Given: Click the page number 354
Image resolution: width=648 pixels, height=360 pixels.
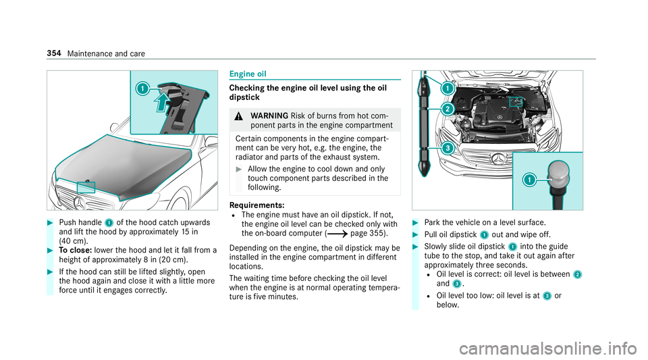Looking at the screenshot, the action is tap(54, 53).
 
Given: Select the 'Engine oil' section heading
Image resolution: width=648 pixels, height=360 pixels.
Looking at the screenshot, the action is tap(248, 74).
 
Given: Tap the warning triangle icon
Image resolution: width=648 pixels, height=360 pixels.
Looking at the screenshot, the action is tap(238, 116).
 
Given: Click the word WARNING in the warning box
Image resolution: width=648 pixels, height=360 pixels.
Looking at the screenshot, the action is tap(269, 115).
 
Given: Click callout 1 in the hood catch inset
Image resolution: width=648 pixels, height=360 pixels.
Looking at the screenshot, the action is tap(142, 88).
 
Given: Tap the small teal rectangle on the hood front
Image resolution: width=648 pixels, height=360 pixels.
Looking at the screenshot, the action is tap(86, 187).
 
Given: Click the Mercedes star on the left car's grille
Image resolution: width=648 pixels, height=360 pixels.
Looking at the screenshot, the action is tap(80, 203).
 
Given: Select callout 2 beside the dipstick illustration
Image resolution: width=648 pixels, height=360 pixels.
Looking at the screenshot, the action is tap(448, 109).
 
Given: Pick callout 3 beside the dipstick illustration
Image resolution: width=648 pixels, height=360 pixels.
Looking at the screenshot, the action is tap(448, 148).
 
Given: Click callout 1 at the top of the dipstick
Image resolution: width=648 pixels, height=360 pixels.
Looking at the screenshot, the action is tap(448, 88).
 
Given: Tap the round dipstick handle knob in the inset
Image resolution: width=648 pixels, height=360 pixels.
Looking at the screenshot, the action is tap(559, 174).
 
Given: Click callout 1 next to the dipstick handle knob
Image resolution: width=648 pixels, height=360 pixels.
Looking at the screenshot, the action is tap(529, 180).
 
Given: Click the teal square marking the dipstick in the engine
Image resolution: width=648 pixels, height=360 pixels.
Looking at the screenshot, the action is tap(516, 102).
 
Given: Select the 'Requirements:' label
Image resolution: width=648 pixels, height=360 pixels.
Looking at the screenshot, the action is tap(256, 205).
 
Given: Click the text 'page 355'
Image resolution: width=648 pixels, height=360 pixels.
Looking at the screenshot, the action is tap(368, 233).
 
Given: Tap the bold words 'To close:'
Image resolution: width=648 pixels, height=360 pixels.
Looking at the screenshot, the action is tap(75, 250).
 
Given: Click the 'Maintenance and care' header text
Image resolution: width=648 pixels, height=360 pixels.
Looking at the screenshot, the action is tap(106, 54).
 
